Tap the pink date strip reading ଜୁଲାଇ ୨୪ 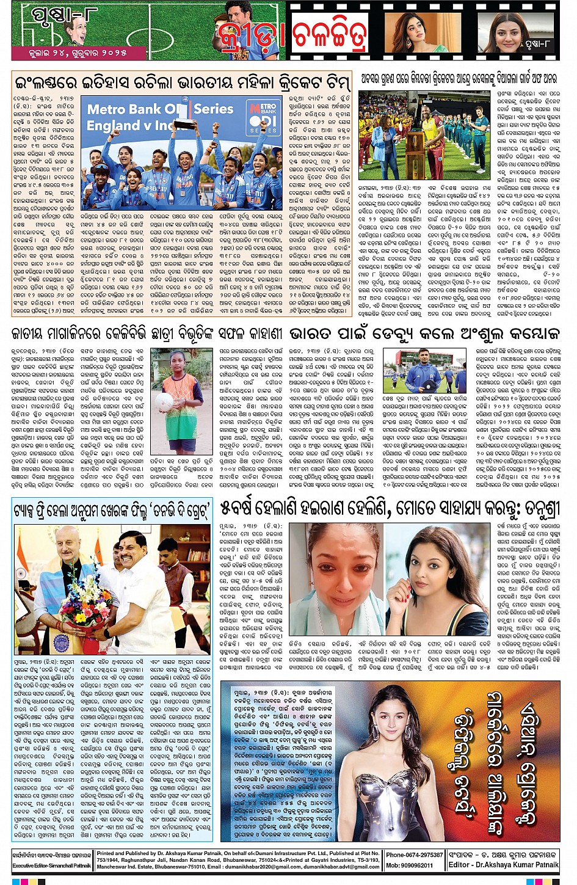[78, 53]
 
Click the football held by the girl [165, 401]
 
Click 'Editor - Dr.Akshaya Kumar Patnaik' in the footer [503, 865]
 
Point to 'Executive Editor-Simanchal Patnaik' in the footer [52, 865]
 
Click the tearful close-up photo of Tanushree [335, 579]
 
